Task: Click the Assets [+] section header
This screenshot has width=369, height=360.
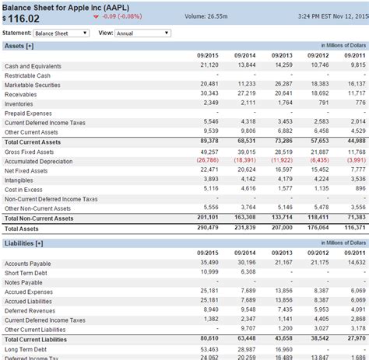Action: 19,46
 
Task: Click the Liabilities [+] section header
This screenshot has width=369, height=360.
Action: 23,243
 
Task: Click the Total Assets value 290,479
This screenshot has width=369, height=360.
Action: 207,229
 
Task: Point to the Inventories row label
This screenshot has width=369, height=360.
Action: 19,103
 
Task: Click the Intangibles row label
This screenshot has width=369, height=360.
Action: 19,179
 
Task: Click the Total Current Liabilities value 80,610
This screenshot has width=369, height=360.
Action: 209,340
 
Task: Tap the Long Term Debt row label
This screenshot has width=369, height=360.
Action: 25,350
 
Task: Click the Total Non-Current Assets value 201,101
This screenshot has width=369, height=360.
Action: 207,218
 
